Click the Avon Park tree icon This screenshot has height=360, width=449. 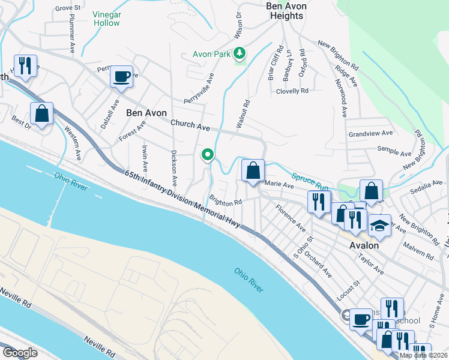tap(240, 53)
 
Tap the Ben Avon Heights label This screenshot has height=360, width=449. tap(286, 11)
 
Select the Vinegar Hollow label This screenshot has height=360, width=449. tap(106, 18)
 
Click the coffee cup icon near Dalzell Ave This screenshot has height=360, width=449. tap(122, 77)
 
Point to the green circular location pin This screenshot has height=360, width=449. tap(208, 155)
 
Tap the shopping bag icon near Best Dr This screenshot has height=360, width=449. tap(42, 113)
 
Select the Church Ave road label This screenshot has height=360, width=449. tap(190, 126)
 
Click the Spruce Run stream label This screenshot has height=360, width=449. tap(310, 178)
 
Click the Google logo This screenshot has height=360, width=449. tap(20, 353)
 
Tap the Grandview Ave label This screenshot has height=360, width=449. tap(370, 133)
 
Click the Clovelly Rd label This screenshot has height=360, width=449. tap(292, 91)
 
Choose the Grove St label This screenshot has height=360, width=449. tap(68, 8)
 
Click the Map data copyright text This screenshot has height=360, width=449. tap(423, 355)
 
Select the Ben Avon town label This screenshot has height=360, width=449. tap(146, 112)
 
